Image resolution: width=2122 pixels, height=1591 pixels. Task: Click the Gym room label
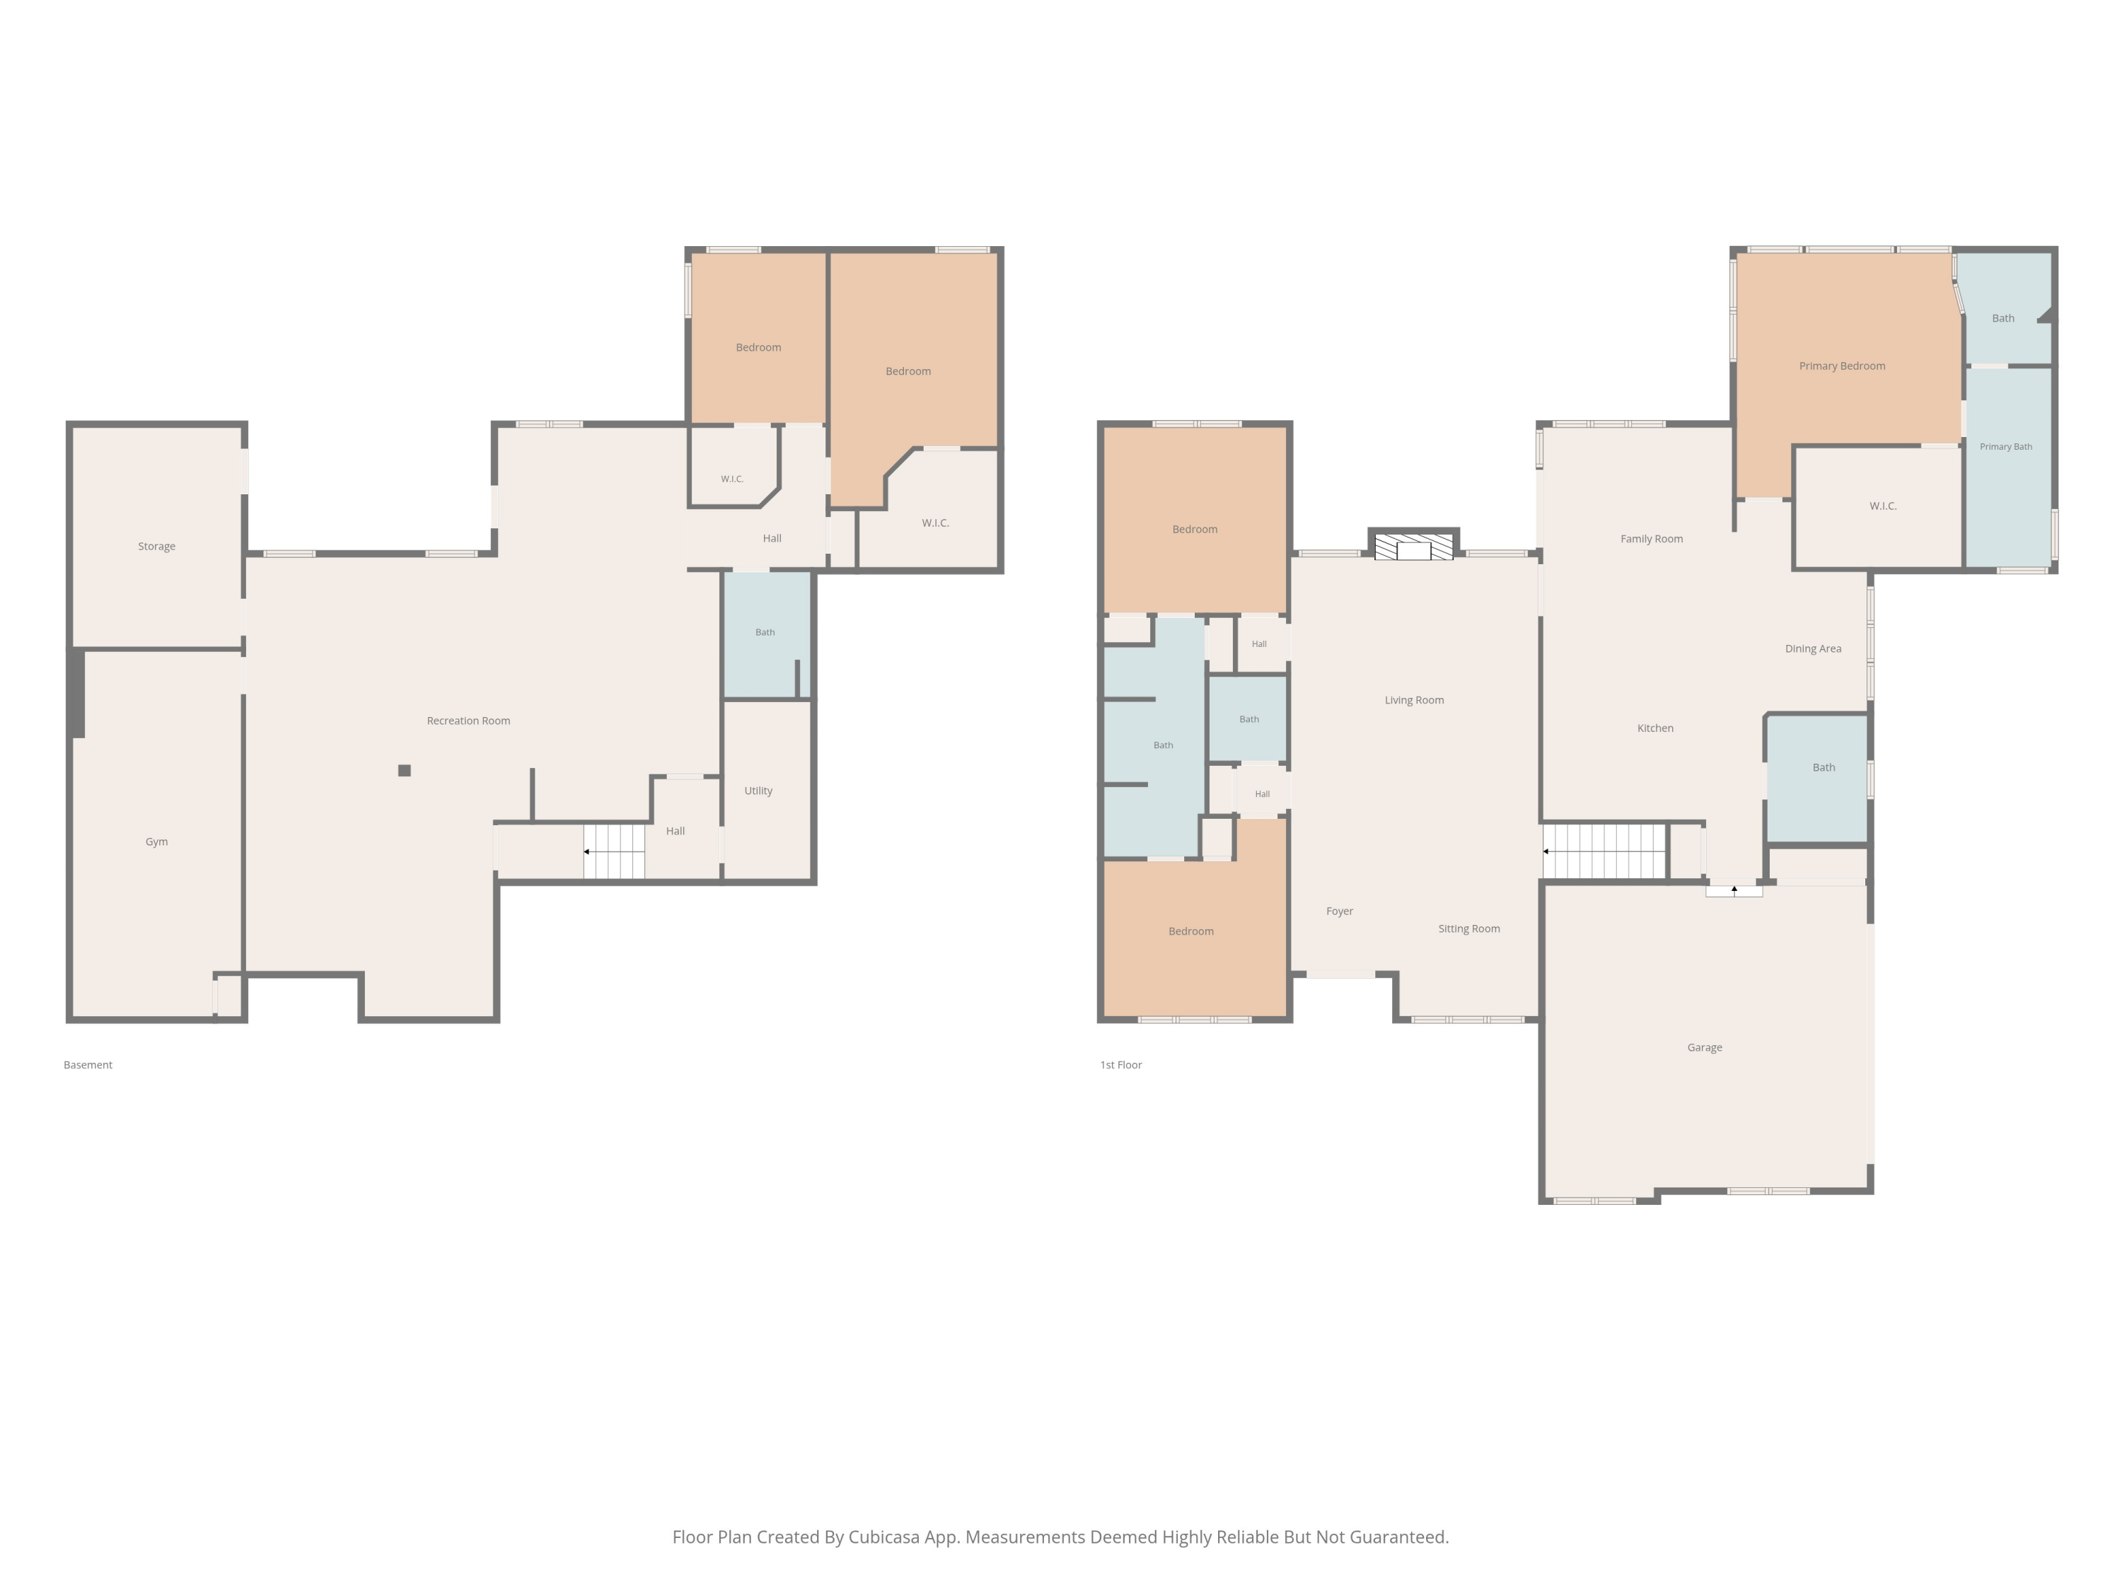156,842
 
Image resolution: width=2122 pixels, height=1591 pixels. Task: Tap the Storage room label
156,547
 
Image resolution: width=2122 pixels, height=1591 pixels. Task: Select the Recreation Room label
468,721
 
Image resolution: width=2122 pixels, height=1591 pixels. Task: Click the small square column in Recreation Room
405,770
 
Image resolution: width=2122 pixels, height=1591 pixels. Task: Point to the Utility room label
758,791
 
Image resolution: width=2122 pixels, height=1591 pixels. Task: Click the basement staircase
614,851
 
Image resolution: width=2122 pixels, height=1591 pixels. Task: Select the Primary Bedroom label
1842,366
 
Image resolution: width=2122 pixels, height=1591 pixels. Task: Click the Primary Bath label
2006,447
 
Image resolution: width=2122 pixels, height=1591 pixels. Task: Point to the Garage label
1705,1047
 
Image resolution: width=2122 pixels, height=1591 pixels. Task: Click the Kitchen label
1655,729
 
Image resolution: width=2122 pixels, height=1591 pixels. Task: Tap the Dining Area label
1813,649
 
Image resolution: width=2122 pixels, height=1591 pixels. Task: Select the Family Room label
1651,539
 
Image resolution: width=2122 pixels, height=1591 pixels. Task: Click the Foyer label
1339,912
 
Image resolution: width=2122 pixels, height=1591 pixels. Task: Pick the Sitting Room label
1468,929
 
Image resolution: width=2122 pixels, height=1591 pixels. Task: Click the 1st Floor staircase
1605,851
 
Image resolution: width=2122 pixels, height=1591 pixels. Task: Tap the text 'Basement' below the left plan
88,1066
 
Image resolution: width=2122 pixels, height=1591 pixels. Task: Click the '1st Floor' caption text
1120,1066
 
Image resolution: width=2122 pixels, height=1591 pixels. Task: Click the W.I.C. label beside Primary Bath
1883,506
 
